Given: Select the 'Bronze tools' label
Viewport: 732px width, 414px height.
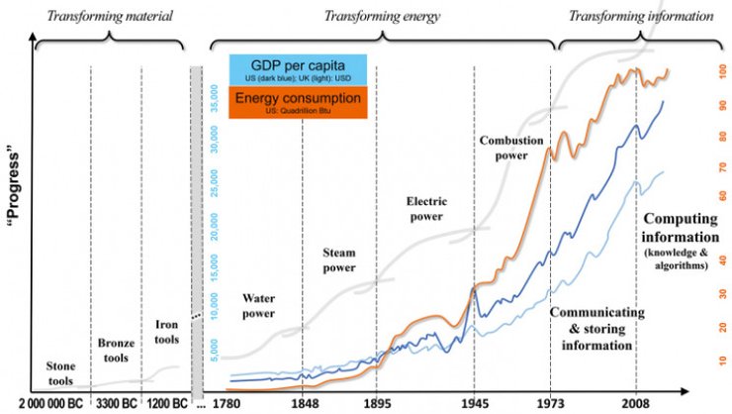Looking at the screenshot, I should tap(116, 350).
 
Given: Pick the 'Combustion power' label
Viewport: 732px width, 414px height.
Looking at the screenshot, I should tap(511, 147).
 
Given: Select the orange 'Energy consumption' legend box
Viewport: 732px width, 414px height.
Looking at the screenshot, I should tap(299, 101).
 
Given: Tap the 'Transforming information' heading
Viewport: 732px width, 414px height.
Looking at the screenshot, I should tap(649, 16).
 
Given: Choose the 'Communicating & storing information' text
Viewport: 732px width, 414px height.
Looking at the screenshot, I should tap(591, 329).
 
